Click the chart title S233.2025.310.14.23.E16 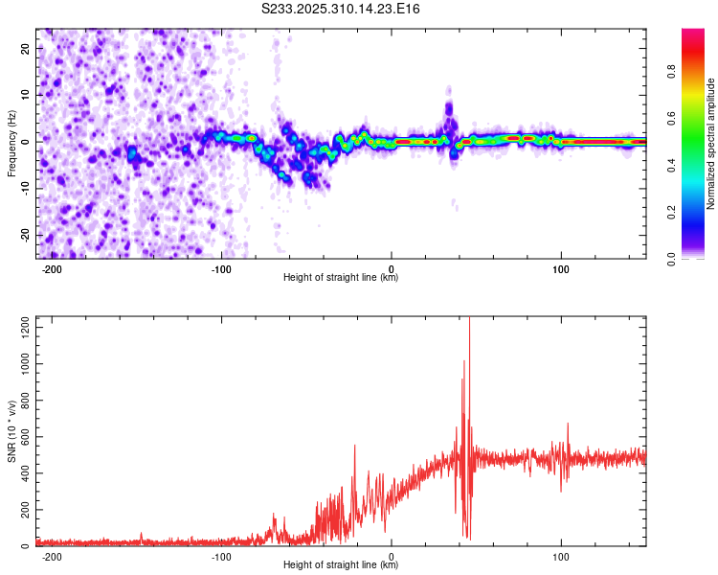pyautogui.click(x=342, y=9)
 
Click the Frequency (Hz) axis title pyautogui.click(x=11, y=143)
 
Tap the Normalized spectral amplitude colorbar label pyautogui.click(x=711, y=143)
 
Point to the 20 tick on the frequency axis pyautogui.click(x=26, y=48)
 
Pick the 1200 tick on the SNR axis pyautogui.click(x=20, y=328)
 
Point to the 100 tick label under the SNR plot pyautogui.click(x=561, y=556)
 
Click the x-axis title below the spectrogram pyautogui.click(x=341, y=278)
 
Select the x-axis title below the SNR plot pyautogui.click(x=341, y=565)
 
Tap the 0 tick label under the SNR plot pyautogui.click(x=392, y=556)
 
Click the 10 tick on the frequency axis pyautogui.click(x=26, y=95)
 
